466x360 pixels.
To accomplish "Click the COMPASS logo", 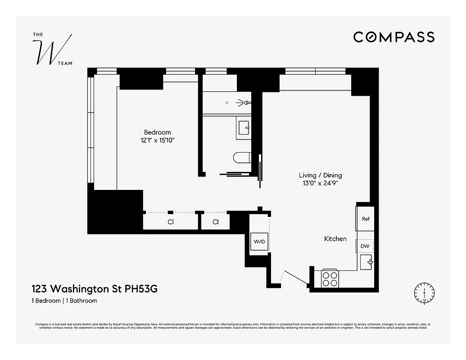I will tap(394, 37).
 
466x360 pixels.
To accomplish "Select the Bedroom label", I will tap(157, 132).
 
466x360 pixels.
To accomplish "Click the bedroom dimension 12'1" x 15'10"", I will tap(157, 140).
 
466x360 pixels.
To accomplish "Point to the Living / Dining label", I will tap(320, 175).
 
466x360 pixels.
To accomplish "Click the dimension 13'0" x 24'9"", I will tap(320, 183).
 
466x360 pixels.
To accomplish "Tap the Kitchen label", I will tap(335, 238).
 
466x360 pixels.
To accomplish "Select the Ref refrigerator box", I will tap(365, 219).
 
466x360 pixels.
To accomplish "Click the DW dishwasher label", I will tap(365, 246).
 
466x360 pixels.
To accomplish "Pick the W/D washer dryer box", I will tap(259, 242).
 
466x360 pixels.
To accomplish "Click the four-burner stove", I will tap(330, 279).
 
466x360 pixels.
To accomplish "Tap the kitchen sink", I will tap(366, 261).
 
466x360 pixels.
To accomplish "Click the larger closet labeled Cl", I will tap(171, 222).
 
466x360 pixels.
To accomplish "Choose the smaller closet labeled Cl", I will tap(215, 222).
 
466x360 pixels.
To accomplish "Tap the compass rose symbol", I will tap(424, 293).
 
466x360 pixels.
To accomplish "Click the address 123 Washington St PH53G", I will tap(94, 288).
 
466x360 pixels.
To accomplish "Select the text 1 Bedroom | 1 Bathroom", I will tap(64, 301).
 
